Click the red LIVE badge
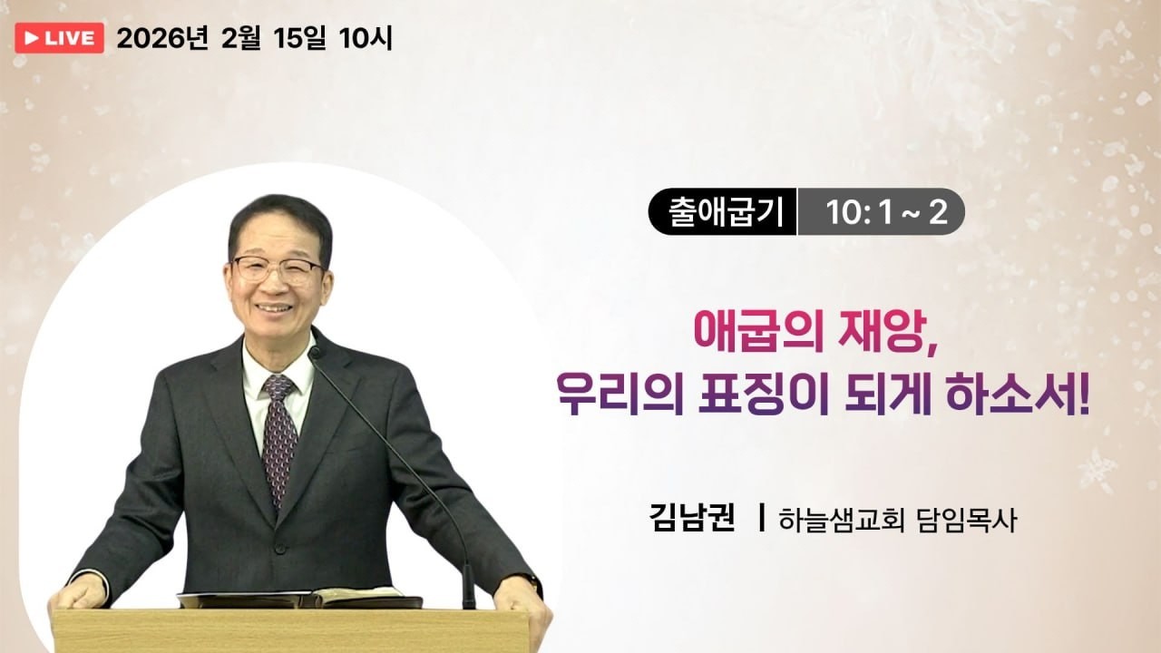[x=60, y=38]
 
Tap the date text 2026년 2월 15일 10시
[x=255, y=38]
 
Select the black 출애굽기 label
[x=722, y=213]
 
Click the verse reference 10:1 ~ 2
[x=885, y=213]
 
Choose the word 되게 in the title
[x=893, y=399]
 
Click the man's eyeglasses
[x=277, y=268]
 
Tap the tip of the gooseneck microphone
[x=315, y=351]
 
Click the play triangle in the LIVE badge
[x=32, y=38]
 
